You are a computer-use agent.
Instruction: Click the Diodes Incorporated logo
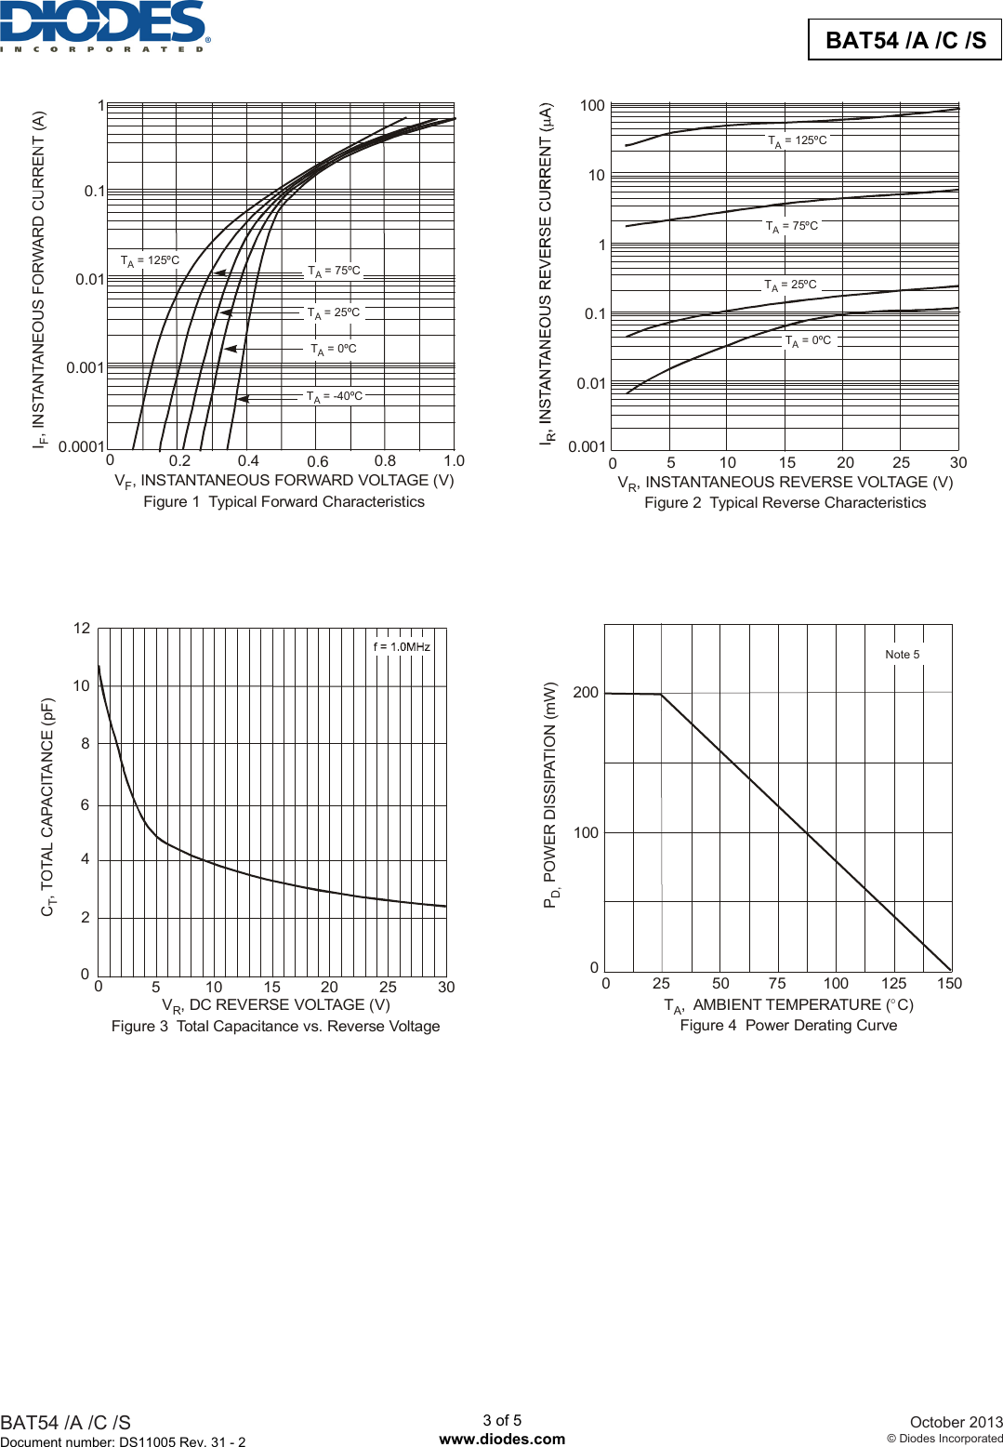[x=104, y=25]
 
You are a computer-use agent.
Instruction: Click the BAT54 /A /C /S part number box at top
[x=904, y=40]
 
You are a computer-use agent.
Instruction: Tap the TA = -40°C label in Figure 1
[x=335, y=396]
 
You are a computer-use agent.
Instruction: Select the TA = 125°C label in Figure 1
[x=150, y=261]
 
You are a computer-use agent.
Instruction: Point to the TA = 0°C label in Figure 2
[x=808, y=341]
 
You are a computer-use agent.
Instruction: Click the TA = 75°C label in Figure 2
[x=792, y=227]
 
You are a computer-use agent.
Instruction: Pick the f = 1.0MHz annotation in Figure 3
[x=402, y=647]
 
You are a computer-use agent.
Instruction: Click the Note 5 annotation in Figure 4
[x=902, y=655]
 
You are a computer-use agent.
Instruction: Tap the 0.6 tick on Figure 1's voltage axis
[x=317, y=461]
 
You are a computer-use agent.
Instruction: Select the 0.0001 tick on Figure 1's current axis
[x=82, y=446]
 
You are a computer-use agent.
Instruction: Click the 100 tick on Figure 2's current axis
[x=592, y=106]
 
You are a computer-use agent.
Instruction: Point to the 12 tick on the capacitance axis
[x=82, y=629]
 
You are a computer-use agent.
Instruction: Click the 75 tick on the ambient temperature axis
[x=777, y=983]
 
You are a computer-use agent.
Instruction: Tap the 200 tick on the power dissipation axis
[x=586, y=693]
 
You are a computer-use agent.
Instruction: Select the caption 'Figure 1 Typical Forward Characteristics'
[x=284, y=502]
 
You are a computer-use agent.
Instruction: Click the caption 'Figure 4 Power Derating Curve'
[x=788, y=1026]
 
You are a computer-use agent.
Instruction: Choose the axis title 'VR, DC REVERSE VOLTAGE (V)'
[x=276, y=1005]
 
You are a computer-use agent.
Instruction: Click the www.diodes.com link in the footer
[x=502, y=1439]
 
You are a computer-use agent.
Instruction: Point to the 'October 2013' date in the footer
[x=956, y=1422]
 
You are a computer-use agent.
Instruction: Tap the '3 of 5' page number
[x=502, y=1420]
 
